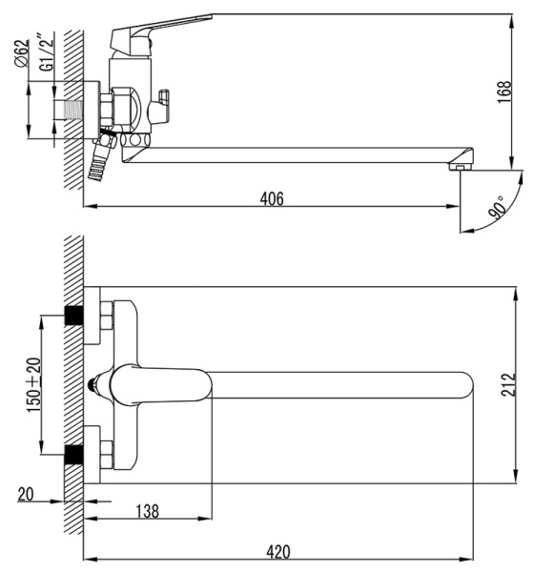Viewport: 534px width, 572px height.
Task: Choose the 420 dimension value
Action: pos(277,551)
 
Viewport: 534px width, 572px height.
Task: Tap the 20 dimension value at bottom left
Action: pos(26,494)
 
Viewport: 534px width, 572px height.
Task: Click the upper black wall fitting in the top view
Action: pos(72,317)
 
